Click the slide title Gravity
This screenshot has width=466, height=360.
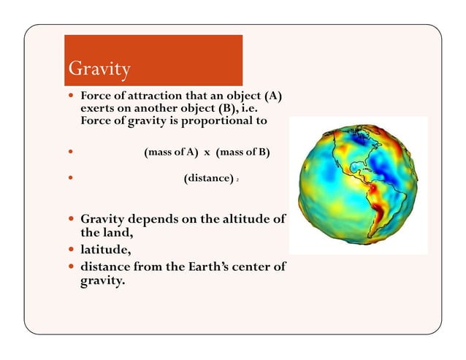tap(99, 69)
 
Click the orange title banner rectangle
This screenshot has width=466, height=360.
tap(153, 60)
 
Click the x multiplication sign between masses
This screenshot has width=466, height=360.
tap(207, 153)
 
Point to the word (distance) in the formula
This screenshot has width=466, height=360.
tap(208, 178)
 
